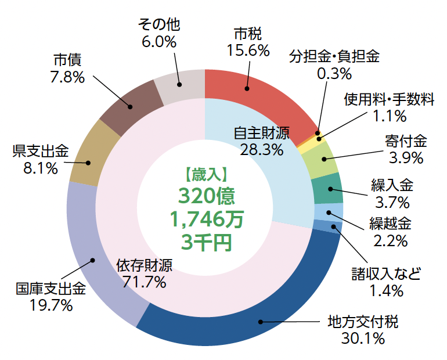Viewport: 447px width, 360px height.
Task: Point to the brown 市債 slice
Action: pyautogui.click(x=128, y=105)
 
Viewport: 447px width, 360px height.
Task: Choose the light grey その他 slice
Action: pyautogui.click(x=180, y=87)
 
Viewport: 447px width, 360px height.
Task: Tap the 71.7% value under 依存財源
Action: pyautogui.click(x=145, y=282)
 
